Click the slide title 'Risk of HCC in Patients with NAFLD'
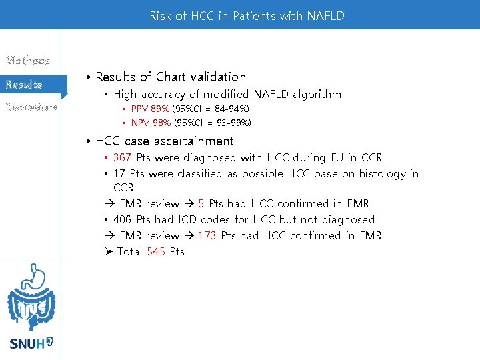tap(247, 15)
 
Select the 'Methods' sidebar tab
tap(28, 61)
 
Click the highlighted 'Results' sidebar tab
tap(24, 85)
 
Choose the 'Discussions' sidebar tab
tap(31, 107)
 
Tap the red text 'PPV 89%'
tap(150, 109)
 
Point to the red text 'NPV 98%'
tap(151, 123)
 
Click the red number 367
tap(122, 158)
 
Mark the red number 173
tap(207, 235)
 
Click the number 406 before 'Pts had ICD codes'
tap(122, 219)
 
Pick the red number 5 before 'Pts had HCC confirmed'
tap(201, 203)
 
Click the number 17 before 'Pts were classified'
tap(119, 174)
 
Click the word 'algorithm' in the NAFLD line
tap(315, 95)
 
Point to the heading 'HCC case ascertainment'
tap(165, 141)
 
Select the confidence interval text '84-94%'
tap(231, 109)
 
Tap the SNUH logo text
tap(27, 344)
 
